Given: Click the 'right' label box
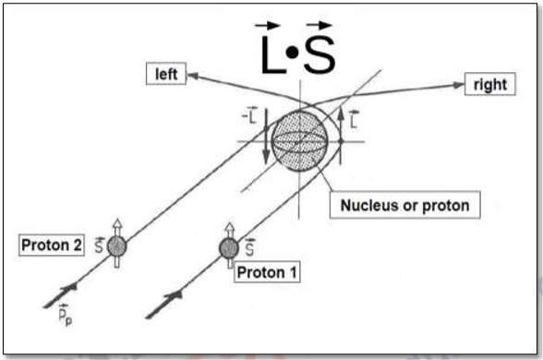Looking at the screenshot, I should click(489, 84).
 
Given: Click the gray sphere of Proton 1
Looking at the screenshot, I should click(228, 247).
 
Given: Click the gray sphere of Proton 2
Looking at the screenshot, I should click(116, 246).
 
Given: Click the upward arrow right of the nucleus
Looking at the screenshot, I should click(341, 130).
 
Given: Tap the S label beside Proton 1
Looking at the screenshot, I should click(247, 245).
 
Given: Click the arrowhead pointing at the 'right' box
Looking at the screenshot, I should click(458, 85).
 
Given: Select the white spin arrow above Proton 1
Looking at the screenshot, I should click(228, 230).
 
